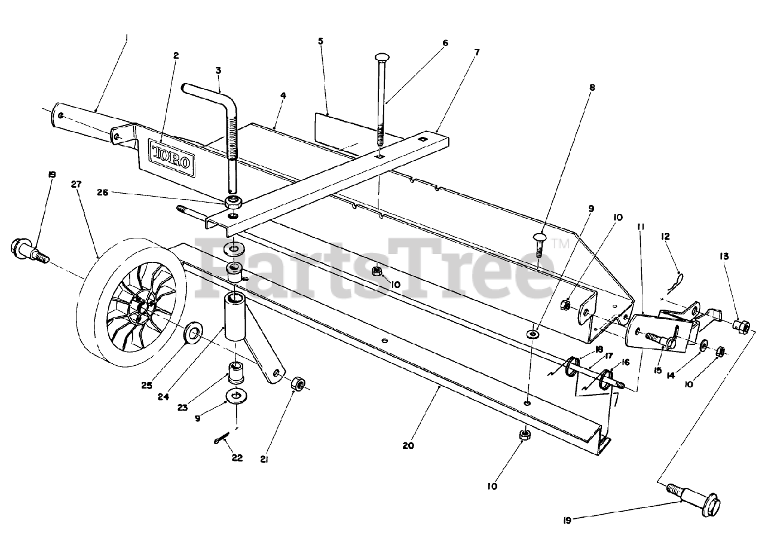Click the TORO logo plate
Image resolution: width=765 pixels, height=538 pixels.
[171, 157]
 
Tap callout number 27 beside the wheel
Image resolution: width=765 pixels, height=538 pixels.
[76, 185]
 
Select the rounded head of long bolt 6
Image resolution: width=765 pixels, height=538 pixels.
[382, 57]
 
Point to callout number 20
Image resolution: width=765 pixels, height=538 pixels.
[409, 445]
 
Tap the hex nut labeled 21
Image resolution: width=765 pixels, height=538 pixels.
[298, 384]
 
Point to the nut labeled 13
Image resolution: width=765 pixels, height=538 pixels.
[741, 326]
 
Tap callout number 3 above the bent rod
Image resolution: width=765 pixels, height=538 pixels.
[218, 71]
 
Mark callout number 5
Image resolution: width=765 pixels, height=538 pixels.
[320, 41]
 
